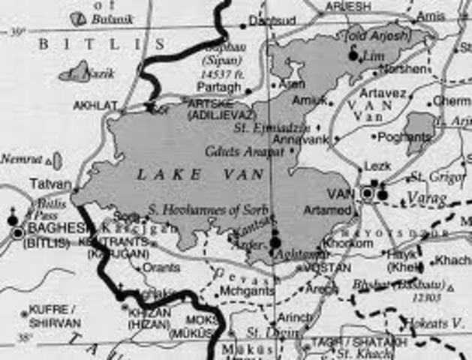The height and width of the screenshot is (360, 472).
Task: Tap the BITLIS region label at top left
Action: (91, 44)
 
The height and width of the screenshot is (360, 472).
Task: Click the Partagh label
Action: (221, 88)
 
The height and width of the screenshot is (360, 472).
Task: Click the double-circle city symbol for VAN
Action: (368, 193)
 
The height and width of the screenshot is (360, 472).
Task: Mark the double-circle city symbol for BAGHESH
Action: (17, 233)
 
